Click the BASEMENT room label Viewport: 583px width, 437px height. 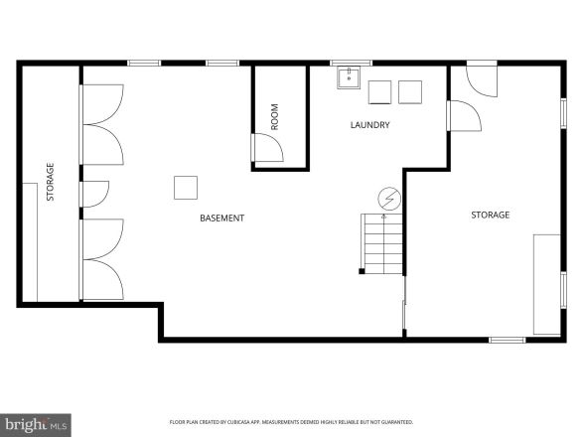pos(221,218)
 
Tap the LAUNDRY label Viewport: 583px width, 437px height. pos(369,125)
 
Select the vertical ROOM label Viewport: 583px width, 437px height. pos(275,117)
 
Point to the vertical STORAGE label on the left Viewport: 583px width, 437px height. pos(50,183)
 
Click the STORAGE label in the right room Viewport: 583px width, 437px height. pos(490,215)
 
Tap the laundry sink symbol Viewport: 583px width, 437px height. pos(349,78)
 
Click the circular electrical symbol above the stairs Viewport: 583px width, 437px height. pos(388,199)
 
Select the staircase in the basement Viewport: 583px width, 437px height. pos(381,243)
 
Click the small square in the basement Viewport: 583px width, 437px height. pos(186,187)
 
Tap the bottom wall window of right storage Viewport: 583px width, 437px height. pos(507,340)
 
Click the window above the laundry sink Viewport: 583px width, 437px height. pos(351,63)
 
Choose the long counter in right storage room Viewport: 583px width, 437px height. pos(546,284)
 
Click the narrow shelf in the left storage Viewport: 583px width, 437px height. pos(30,242)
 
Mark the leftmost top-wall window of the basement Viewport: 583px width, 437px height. pos(144,63)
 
